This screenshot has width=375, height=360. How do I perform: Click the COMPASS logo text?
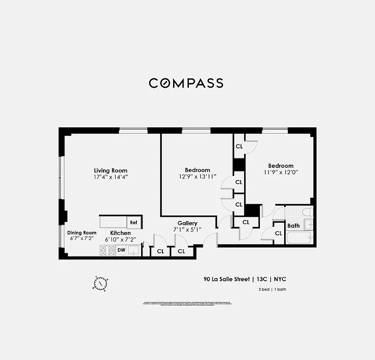pyautogui.click(x=186, y=83)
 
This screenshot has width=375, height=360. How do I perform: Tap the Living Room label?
pyautogui.click(x=111, y=171)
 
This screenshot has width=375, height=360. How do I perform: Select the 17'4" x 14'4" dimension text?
pyautogui.click(x=111, y=177)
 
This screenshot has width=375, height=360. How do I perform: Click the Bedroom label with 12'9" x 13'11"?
pyautogui.click(x=197, y=170)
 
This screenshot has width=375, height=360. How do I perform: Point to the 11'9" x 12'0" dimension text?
pyautogui.click(x=281, y=172)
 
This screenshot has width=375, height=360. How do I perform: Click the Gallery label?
pyautogui.click(x=187, y=223)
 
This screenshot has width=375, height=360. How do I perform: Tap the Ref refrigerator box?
pyautogui.click(x=134, y=222)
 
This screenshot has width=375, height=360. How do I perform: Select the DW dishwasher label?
pyautogui.click(x=121, y=250)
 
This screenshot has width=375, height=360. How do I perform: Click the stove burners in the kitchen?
pyautogui.click(x=107, y=251)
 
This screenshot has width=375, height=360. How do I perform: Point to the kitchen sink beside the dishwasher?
pyautogui.click(x=134, y=250)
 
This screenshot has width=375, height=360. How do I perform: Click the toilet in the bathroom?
pyautogui.click(x=307, y=212)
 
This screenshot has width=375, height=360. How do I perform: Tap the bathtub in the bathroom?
pyautogui.click(x=299, y=238)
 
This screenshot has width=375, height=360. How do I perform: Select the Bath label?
pyautogui.click(x=293, y=226)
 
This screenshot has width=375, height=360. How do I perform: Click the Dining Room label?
pyautogui.click(x=82, y=233)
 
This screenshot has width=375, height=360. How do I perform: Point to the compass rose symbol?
pyautogui.click(x=100, y=283)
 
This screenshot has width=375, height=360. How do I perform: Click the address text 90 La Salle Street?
pyautogui.click(x=226, y=279)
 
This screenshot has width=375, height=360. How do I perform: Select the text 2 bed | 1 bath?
pyautogui.click(x=272, y=289)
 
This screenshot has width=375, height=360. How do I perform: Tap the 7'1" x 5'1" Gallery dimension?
pyautogui.click(x=187, y=229)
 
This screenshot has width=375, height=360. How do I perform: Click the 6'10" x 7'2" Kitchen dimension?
pyautogui.click(x=121, y=239)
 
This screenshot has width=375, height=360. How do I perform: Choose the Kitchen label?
pyautogui.click(x=121, y=233)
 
